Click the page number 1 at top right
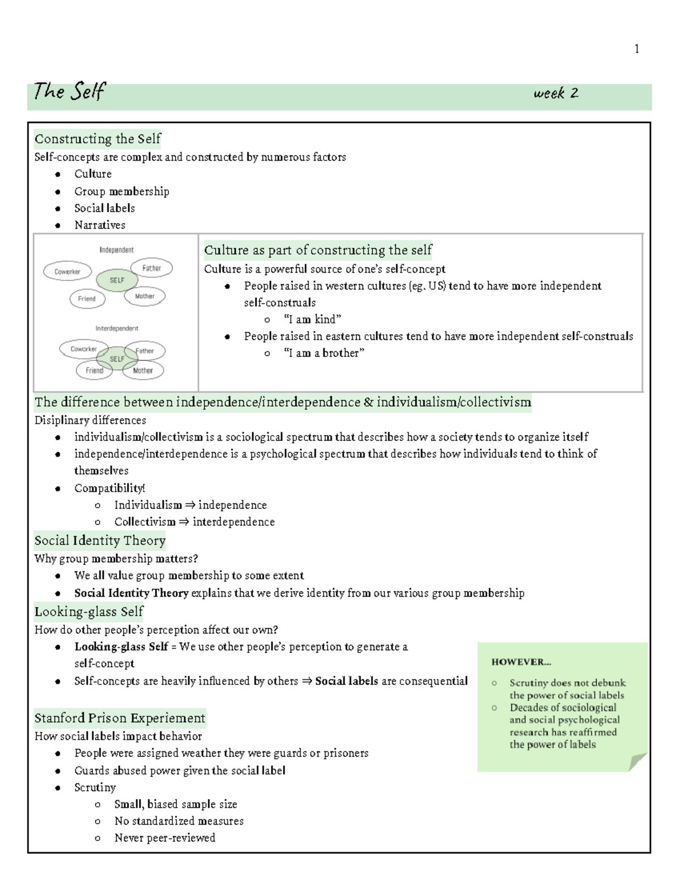point(637,49)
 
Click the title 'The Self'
point(70,92)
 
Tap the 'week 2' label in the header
point(555,93)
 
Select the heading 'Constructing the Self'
point(97,139)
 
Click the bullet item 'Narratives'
point(100,225)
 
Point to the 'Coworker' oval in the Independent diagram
point(67,271)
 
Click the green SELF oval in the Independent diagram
point(117,280)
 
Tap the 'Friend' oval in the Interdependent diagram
point(94,371)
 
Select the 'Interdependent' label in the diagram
point(117,328)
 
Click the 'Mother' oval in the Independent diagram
point(144,296)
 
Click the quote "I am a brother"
point(324,353)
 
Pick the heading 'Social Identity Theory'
point(100,541)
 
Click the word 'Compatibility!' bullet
point(110,488)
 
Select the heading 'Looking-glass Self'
point(89,612)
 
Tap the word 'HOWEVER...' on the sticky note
point(521,662)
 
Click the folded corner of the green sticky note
point(637,762)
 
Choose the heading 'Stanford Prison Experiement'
point(120,719)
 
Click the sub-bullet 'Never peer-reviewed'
point(164,838)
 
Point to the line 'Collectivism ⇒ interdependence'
point(194,522)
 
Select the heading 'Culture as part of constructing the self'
point(318,250)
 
